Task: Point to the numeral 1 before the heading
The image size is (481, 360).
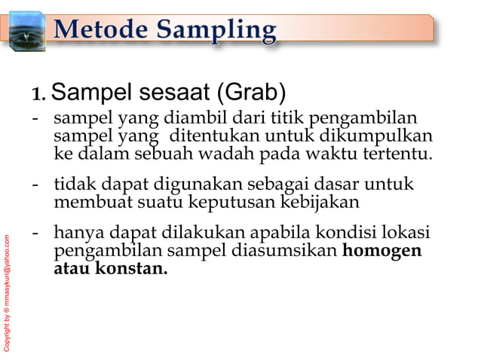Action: (x=37, y=96)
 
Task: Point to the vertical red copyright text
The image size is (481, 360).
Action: (x=8, y=293)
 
